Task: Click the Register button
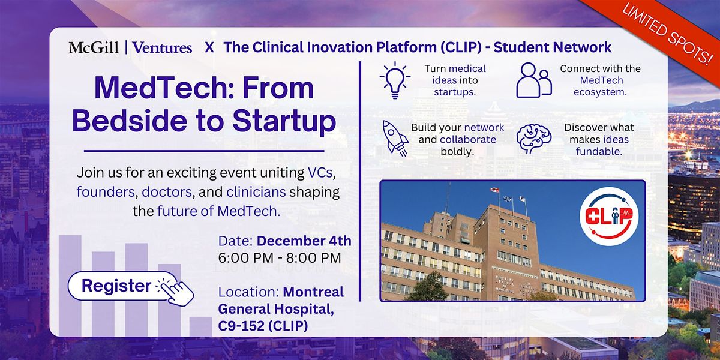[x=116, y=286]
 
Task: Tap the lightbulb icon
[x=395, y=80]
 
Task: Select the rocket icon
[x=395, y=138]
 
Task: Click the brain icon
[x=533, y=138]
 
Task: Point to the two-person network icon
[x=533, y=80]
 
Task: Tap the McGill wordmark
[x=93, y=47]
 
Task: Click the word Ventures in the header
[x=162, y=47]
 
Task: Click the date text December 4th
[x=304, y=241]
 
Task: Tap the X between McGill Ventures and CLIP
[x=209, y=47]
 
